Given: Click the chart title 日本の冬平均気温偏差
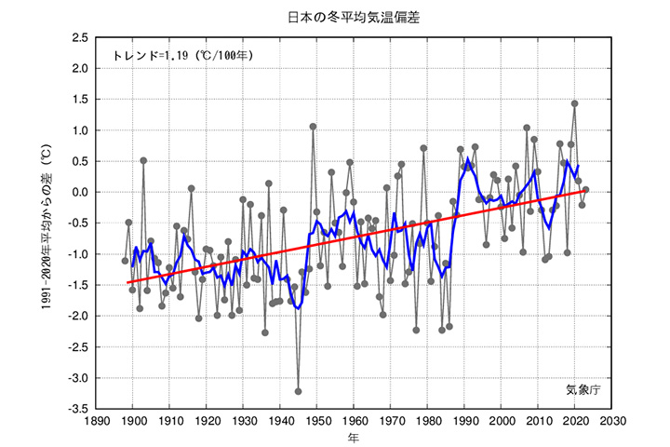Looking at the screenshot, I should click(334, 17).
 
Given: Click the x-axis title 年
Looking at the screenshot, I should click(353, 437).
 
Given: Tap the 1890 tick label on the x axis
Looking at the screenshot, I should click(96, 421).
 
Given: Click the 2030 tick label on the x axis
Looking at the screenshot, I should click(610, 421).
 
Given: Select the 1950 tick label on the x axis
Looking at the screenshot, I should click(316, 421).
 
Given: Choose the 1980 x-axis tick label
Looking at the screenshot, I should click(427, 421).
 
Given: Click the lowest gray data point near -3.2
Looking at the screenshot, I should click(299, 391).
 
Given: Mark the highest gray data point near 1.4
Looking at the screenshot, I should click(574, 103).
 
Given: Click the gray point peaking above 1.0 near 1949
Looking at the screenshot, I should click(313, 127).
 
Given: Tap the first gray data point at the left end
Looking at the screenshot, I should click(126, 261).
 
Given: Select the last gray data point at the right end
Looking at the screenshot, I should click(585, 190).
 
